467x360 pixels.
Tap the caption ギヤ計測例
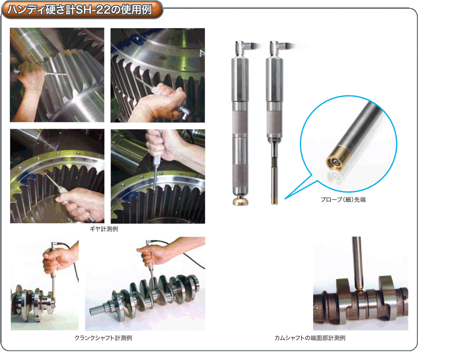pyautogui.click(x=104, y=229)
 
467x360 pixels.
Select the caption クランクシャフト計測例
pyautogui.click(x=103, y=338)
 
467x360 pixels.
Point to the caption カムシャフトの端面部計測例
pyautogui.click(x=310, y=338)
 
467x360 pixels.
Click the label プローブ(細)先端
pyautogui.click(x=343, y=200)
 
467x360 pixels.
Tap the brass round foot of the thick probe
pyautogui.click(x=240, y=201)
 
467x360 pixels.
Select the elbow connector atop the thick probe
pyautogui.click(x=243, y=48)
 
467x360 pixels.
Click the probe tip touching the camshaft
pyautogui.click(x=360, y=288)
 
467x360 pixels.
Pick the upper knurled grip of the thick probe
pyautogui.click(x=240, y=123)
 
